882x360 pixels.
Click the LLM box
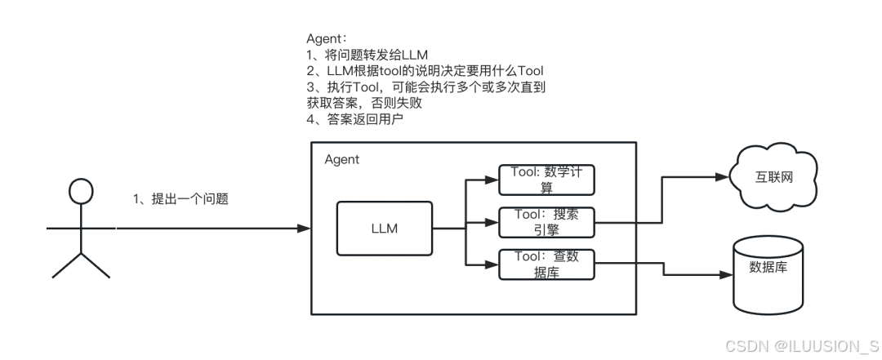point(384,229)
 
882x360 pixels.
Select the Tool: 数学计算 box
point(546,180)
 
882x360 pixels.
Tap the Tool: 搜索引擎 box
point(546,221)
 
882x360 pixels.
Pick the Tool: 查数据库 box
point(546,263)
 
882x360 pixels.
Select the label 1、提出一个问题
point(180,198)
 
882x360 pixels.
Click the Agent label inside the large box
point(341,159)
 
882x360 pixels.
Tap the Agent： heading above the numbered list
point(327,39)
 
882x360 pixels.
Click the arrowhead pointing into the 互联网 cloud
point(724,176)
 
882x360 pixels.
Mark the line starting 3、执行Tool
point(425,87)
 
